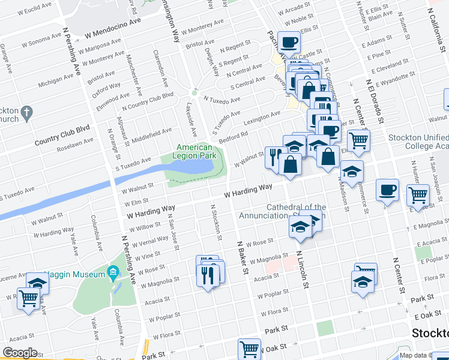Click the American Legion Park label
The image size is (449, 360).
click(194, 151)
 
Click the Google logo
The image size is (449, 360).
click(20, 353)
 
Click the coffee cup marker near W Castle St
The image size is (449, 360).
click(289, 42)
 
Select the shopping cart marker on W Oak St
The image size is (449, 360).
click(249, 349)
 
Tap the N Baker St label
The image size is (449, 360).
click(242, 258)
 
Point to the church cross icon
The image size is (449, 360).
click(26, 112)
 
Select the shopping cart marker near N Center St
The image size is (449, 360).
click(358, 140)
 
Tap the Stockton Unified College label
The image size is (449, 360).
click(417, 142)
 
